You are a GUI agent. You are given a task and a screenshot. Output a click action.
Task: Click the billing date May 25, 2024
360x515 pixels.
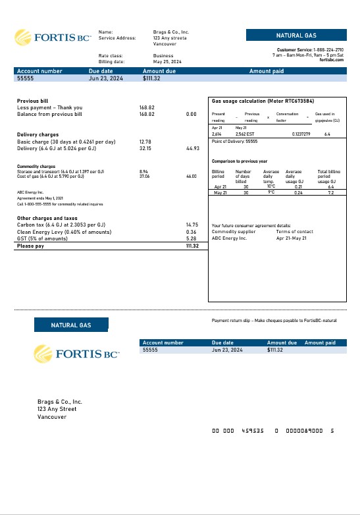pyautogui.click(x=168, y=62)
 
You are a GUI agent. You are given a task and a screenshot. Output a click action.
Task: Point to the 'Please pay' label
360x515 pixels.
pyautogui.click(x=31, y=246)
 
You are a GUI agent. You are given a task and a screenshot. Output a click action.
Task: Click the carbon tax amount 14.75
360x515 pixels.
pyautogui.click(x=192, y=225)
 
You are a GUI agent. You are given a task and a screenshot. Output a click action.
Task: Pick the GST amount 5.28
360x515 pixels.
pyautogui.click(x=192, y=238)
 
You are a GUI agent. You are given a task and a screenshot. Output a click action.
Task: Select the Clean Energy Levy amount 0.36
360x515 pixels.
pyautogui.click(x=192, y=232)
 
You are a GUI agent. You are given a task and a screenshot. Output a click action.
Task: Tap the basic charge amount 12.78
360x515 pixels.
pyautogui.click(x=145, y=142)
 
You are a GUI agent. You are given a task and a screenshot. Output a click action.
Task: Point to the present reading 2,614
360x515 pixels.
pyautogui.click(x=217, y=134)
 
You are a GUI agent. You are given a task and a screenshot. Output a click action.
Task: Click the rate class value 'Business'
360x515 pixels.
pyautogui.click(x=163, y=56)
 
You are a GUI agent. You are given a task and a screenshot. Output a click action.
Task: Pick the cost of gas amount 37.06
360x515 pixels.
pyautogui.click(x=145, y=176)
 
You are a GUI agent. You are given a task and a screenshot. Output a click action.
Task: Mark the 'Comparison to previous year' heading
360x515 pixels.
pyautogui.click(x=240, y=161)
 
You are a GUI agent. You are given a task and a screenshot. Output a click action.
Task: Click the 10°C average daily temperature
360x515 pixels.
pyautogui.click(x=270, y=186)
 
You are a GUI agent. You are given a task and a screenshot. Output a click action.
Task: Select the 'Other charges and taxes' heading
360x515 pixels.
pyautogui.click(x=47, y=218)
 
